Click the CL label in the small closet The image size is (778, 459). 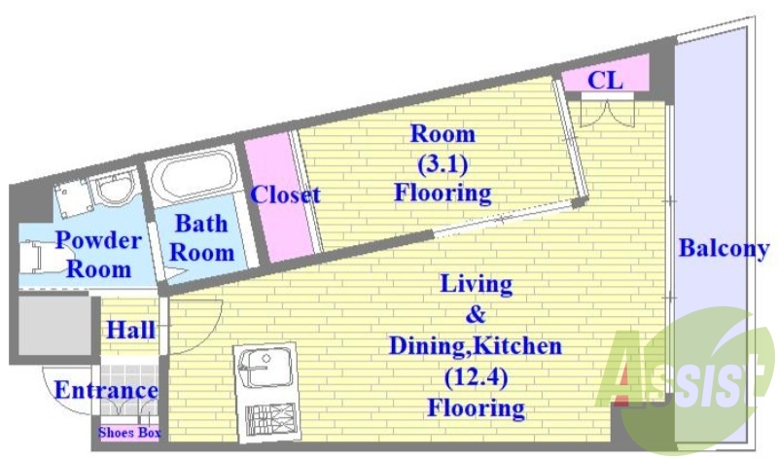(x=605, y=80)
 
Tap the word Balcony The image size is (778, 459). (x=724, y=248)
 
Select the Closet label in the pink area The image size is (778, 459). (x=285, y=194)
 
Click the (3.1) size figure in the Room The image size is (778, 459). (x=442, y=163)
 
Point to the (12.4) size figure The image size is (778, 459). (x=476, y=378)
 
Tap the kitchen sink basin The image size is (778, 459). (x=265, y=368)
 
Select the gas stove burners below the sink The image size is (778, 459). (x=271, y=419)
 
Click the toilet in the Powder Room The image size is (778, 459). (x=35, y=257)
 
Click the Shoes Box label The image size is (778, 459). (x=129, y=433)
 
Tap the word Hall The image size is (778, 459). (x=131, y=330)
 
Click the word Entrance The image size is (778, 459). (x=106, y=391)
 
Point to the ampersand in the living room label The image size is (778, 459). (x=476, y=315)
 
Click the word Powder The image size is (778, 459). (x=98, y=240)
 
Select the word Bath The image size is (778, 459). (x=201, y=224)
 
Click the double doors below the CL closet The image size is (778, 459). (x=607, y=113)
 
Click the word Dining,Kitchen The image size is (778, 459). (x=476, y=346)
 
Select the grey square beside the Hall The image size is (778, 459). (x=54, y=326)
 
